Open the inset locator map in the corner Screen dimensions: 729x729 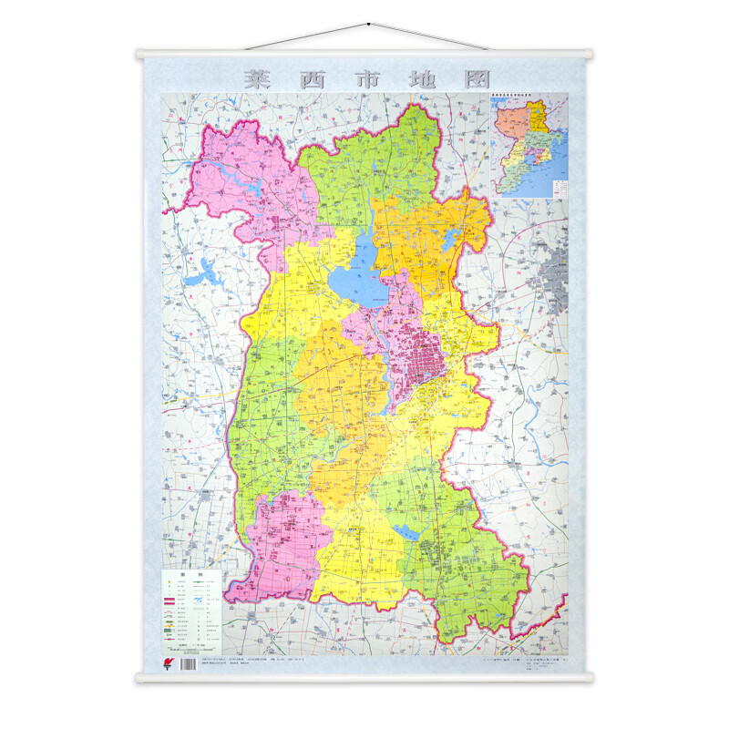[x=529, y=145]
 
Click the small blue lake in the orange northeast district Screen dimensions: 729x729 [x=449, y=240]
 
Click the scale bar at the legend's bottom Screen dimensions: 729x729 [x=193, y=647]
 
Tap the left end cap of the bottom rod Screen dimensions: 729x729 [x=139, y=677]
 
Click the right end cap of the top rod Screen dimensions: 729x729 [x=590, y=54]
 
